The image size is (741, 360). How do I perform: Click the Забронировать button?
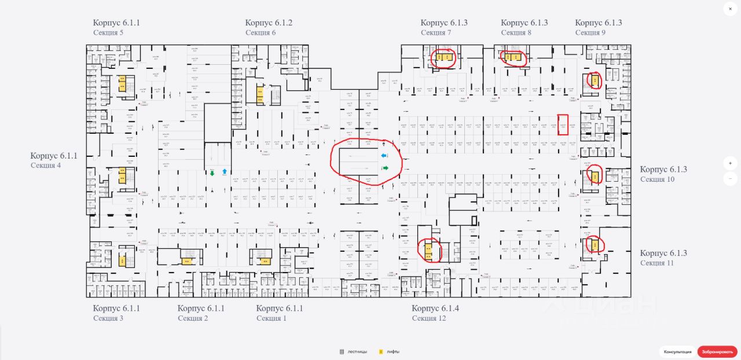[x=717, y=352]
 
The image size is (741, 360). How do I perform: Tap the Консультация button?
[x=678, y=352]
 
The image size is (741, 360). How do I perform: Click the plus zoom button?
[x=731, y=164]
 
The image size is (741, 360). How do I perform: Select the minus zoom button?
[x=731, y=179]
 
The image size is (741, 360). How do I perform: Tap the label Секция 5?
[x=108, y=33]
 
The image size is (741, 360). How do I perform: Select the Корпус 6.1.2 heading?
[x=269, y=23]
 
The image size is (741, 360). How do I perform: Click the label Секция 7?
[x=436, y=33]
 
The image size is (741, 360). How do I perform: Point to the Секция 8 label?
[x=516, y=33]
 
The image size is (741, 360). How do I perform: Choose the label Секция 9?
[x=590, y=33]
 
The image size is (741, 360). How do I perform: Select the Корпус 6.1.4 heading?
[x=435, y=308]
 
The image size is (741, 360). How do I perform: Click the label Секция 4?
[x=46, y=166]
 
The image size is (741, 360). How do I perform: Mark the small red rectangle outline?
[x=563, y=125]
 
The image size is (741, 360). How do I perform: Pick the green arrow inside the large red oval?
[x=384, y=168]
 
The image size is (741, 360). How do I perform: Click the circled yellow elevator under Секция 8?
[x=512, y=57]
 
